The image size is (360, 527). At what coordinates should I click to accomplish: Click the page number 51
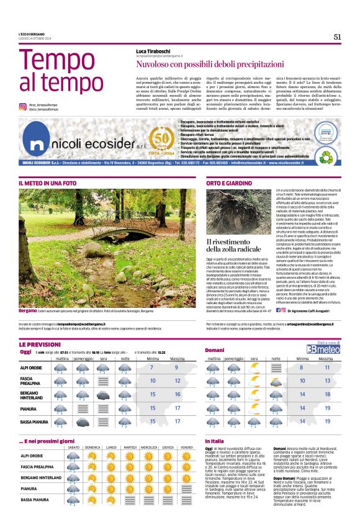click(x=337, y=37)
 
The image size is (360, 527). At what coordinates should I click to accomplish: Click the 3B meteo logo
click(x=327, y=349)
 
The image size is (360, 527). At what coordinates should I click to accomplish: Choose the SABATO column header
click(x=73, y=448)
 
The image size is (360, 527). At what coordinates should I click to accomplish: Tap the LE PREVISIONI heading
click(x=40, y=344)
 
